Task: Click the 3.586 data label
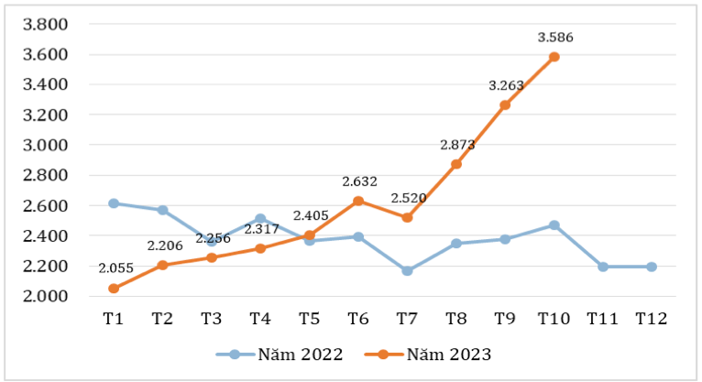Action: (554, 38)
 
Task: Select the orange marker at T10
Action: (554, 57)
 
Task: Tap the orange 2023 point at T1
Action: (113, 289)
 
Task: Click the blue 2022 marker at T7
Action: (407, 271)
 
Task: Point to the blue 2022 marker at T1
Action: (113, 203)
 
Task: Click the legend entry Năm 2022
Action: (280, 354)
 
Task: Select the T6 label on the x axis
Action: (358, 319)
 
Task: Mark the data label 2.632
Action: (358, 181)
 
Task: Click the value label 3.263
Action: (505, 85)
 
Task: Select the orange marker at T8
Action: (456, 164)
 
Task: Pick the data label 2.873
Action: (456, 145)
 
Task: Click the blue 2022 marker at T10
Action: (554, 224)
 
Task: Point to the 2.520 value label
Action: (407, 197)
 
